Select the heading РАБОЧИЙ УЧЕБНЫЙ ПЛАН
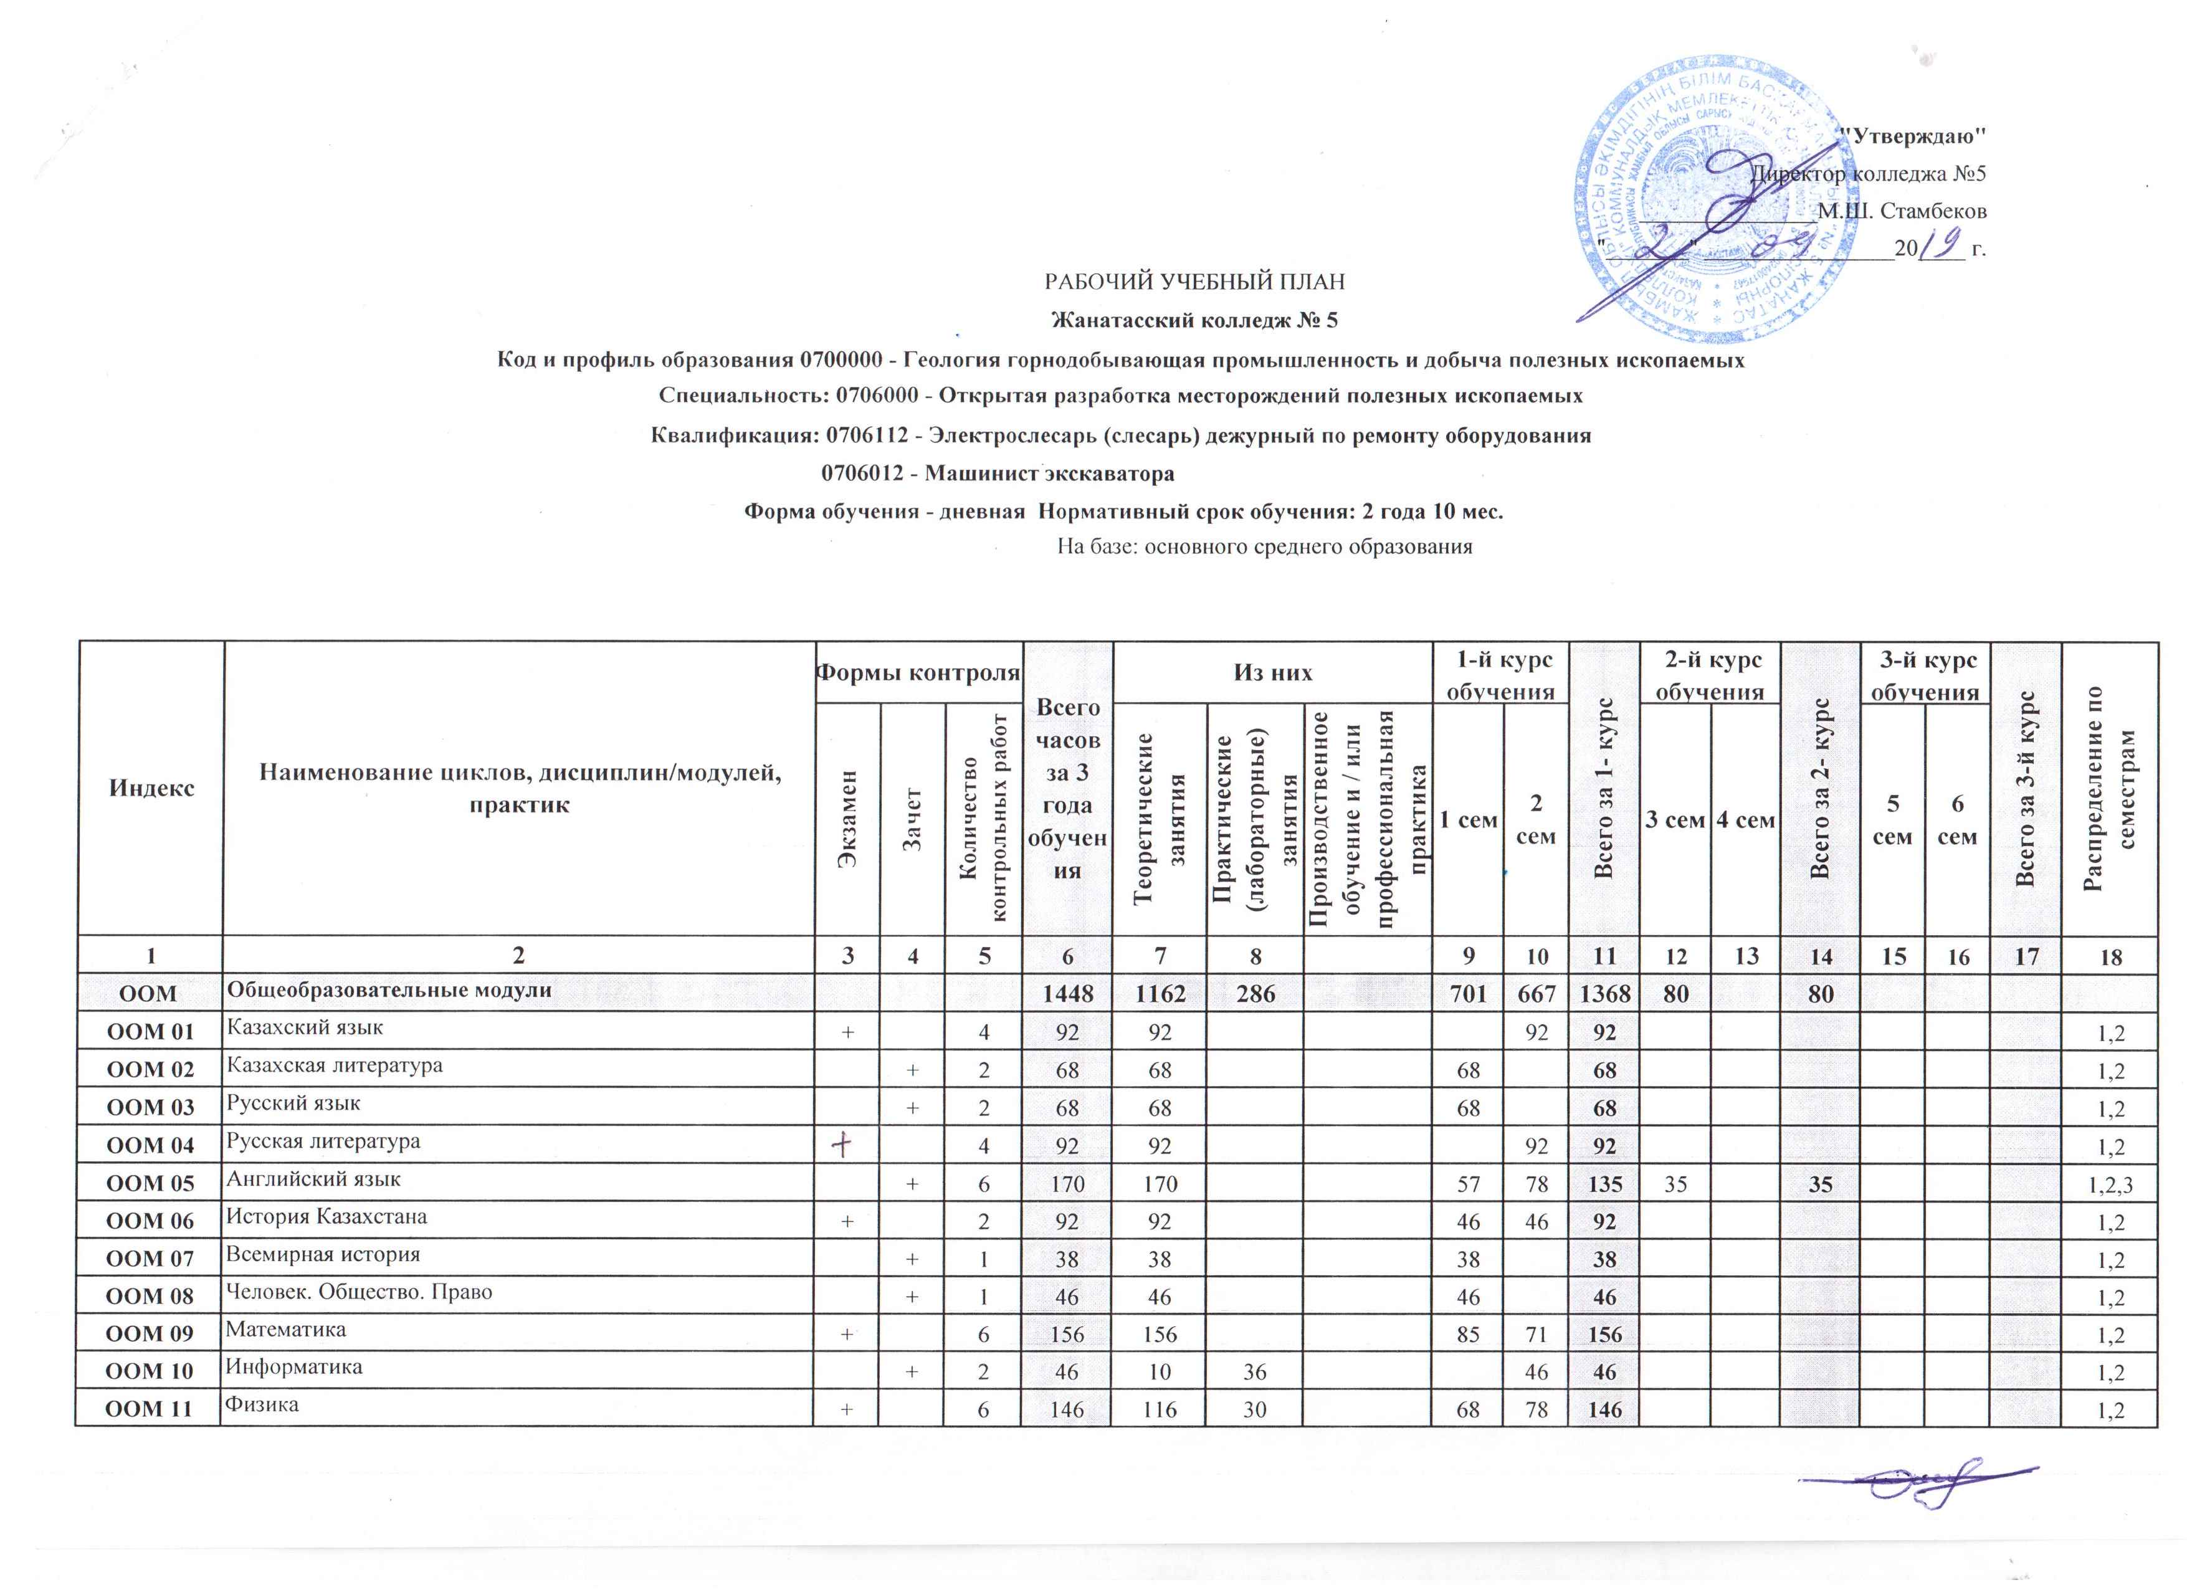point(1195,282)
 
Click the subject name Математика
point(285,1330)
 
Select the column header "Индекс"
point(151,787)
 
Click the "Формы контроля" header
point(918,672)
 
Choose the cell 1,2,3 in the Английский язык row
point(2107,1184)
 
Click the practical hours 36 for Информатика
point(1254,1371)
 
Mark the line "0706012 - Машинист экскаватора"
point(997,474)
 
